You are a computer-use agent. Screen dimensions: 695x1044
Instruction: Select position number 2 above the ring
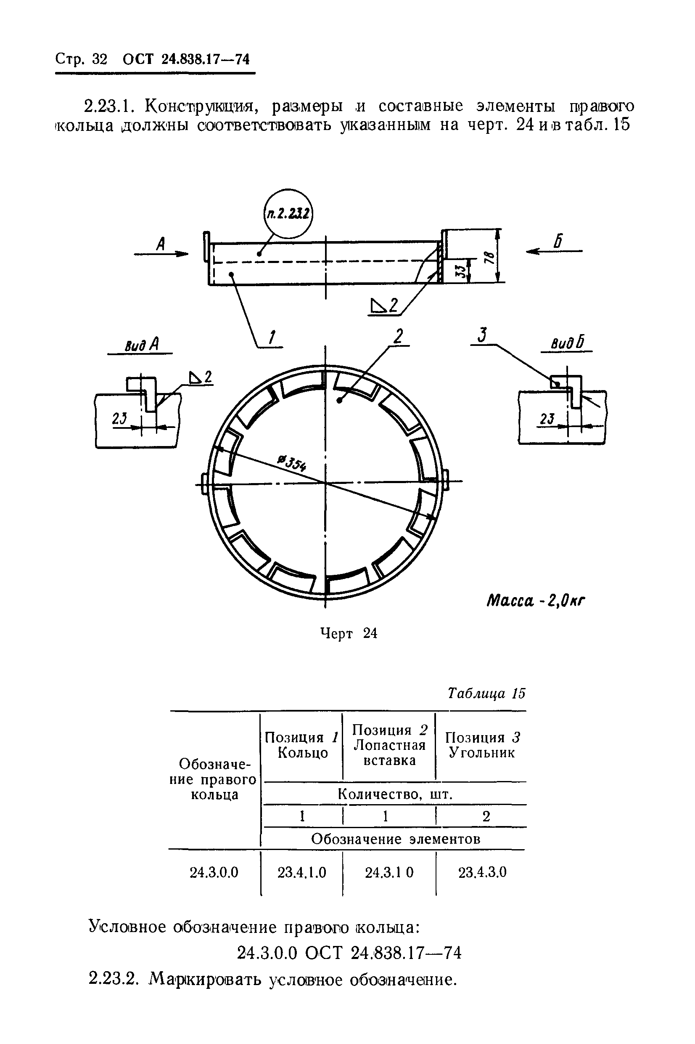pos(399,336)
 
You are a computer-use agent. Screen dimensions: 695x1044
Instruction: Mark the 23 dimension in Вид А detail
pos(119,418)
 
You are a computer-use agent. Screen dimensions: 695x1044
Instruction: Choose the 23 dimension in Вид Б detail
pos(547,418)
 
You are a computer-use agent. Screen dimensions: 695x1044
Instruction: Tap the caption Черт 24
pos(349,634)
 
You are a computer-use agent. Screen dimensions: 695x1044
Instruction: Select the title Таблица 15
pos(486,693)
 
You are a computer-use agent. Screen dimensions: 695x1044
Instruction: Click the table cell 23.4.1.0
pos(302,872)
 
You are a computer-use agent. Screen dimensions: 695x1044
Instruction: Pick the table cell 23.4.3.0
pos(482,872)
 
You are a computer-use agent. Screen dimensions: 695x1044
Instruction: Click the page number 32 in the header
pos(100,59)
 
